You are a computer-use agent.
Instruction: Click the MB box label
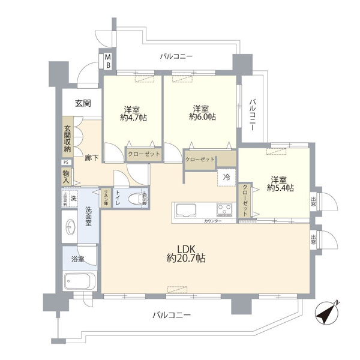tap(109, 60)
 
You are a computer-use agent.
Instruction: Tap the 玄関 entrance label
tap(83, 104)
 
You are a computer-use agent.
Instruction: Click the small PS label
tap(66, 162)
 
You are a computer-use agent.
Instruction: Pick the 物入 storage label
tap(66, 176)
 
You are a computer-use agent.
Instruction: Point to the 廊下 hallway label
tap(92, 157)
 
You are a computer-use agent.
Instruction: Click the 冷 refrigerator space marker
tap(227, 177)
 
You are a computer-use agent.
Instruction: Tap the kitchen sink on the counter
tap(185, 212)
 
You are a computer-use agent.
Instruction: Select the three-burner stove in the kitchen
tap(226, 211)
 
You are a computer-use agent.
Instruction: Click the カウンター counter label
tap(212, 222)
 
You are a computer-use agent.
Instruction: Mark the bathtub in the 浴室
tap(80, 282)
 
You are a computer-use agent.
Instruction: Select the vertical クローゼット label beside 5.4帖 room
tap(245, 200)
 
